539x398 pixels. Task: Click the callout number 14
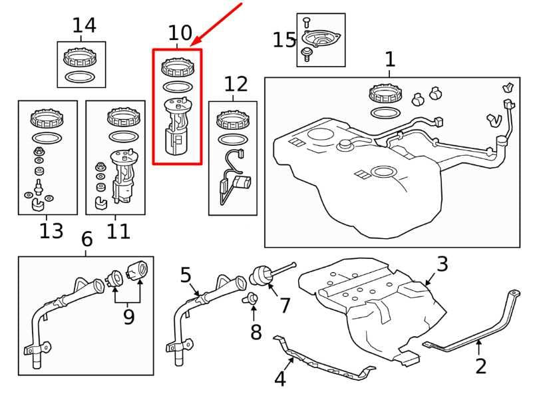pos(84,25)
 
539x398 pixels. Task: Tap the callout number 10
pos(180,33)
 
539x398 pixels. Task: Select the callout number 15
pos(283,40)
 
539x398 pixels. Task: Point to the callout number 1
pos(390,59)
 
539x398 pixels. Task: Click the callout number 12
pos(236,84)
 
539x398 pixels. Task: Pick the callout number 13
pos(51,231)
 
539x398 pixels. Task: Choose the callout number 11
pos(118,231)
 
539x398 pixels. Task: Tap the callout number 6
pos(87,238)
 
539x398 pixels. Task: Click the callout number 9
pos(128,316)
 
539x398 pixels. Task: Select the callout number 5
pos(186,274)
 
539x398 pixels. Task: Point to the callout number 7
pos(285,305)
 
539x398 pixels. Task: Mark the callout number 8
pos(256,331)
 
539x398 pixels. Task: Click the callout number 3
pos(443,264)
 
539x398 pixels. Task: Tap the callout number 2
pos(480,365)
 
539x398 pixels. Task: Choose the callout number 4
pos(280,379)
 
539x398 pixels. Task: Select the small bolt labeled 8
pos(252,299)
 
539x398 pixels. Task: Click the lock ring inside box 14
pos(81,56)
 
